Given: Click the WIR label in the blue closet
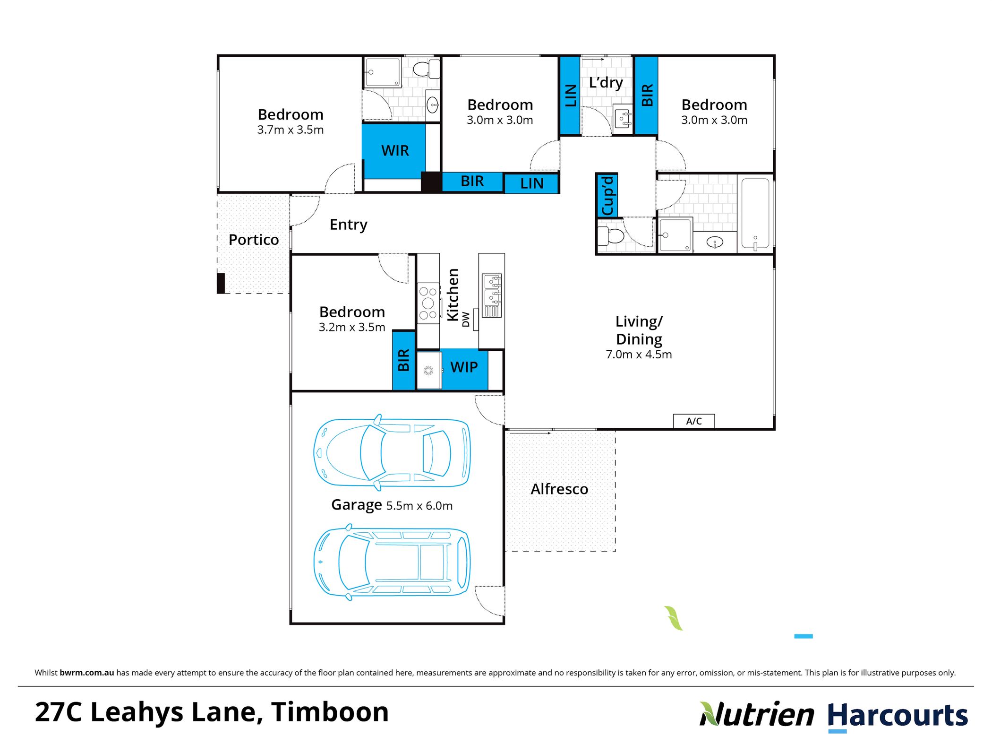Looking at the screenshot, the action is [x=395, y=151].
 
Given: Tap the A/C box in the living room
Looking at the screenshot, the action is [x=693, y=421].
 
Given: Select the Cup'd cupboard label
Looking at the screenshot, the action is [x=607, y=195].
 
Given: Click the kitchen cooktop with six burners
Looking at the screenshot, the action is [x=428, y=303].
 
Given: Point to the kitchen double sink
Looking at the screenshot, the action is [x=491, y=295].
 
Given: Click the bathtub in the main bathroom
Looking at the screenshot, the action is [x=755, y=214].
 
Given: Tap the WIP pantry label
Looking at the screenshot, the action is [x=464, y=367].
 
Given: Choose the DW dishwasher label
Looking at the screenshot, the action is [x=466, y=319].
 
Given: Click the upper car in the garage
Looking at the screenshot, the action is [x=392, y=453].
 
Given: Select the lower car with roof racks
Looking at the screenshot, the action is [x=392, y=562].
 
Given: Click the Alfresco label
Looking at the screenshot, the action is [x=559, y=489].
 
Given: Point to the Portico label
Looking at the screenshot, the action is [x=254, y=240].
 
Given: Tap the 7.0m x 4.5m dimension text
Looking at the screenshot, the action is [x=639, y=355].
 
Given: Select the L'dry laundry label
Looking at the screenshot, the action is [x=606, y=83].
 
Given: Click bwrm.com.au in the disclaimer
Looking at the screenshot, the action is [x=87, y=673].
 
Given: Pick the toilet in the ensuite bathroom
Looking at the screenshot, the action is [x=427, y=69].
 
